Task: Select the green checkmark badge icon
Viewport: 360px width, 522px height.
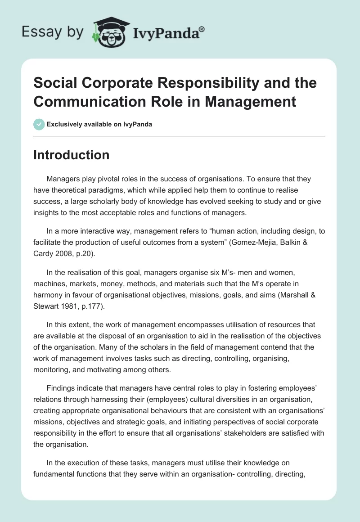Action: coord(39,125)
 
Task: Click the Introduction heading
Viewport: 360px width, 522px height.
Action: coord(72,155)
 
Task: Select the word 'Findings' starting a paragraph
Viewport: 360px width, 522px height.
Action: coord(61,376)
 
